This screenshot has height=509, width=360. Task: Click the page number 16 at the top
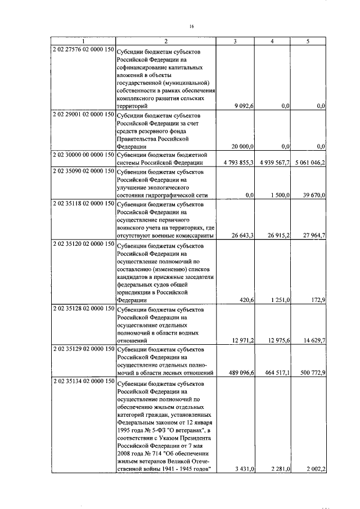point(191,26)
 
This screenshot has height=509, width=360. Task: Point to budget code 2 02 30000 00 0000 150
point(83,154)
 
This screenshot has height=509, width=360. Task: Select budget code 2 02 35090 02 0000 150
point(83,170)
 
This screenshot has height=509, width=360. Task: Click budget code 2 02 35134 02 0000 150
point(83,381)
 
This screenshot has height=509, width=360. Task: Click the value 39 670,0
point(314,195)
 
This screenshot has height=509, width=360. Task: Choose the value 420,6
point(247,300)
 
